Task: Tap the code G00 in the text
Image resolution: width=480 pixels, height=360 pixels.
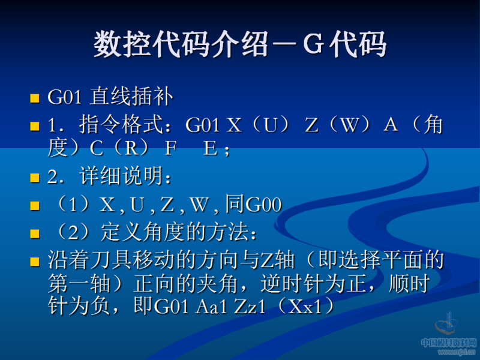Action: click(x=263, y=205)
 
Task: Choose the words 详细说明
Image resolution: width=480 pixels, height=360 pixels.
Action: click(x=126, y=177)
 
